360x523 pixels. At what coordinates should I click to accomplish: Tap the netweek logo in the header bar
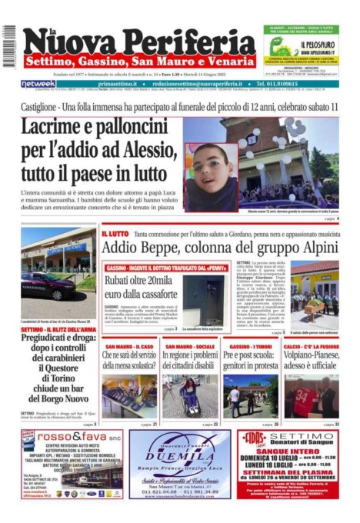coord(38,83)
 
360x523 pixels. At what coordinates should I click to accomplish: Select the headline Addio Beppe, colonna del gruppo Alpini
coord(218,248)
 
